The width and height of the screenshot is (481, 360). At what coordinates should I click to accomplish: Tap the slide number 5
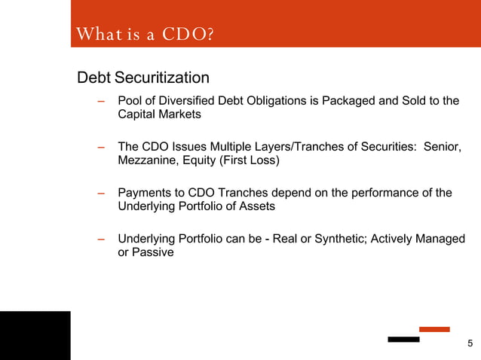coord(470,345)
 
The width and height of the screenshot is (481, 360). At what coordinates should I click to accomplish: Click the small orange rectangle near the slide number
coord(434,329)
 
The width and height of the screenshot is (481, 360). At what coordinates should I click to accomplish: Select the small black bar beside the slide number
coord(403,340)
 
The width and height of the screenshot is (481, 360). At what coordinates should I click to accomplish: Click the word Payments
coord(146,193)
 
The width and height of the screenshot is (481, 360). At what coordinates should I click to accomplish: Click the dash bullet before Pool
coord(100,102)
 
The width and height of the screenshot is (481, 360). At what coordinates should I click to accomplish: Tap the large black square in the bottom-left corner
coord(35,335)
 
